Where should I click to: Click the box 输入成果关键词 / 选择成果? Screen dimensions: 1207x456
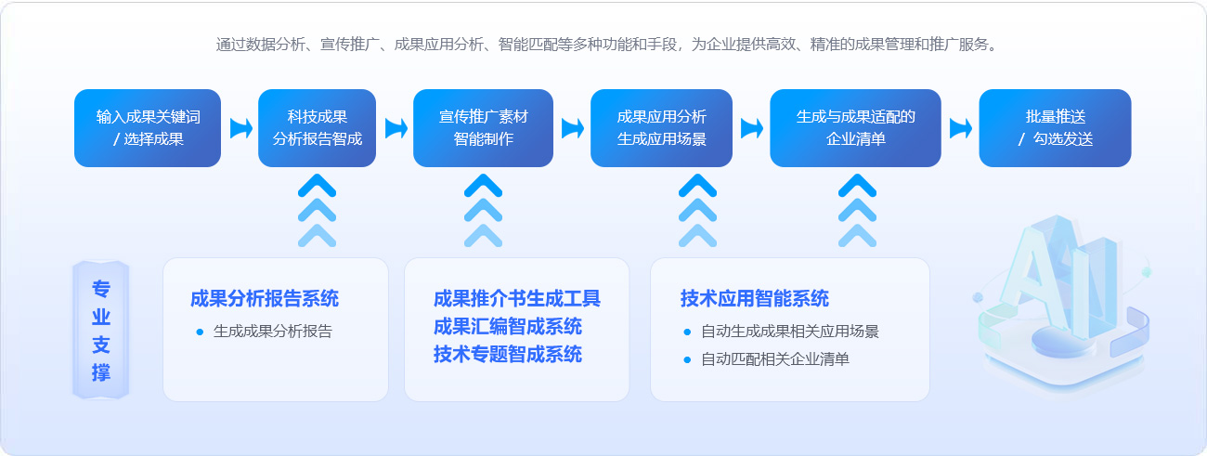tap(148, 128)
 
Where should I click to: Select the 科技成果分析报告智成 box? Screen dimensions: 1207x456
tap(317, 128)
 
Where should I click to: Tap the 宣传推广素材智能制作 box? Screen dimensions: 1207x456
tap(484, 128)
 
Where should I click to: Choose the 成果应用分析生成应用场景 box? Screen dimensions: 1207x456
tap(661, 128)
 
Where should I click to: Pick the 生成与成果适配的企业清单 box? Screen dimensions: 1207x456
tap(856, 128)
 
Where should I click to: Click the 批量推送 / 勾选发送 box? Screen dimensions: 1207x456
tap(1055, 128)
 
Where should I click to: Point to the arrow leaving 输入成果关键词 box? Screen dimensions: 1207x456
tap(240, 128)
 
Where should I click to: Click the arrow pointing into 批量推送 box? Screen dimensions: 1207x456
tap(960, 128)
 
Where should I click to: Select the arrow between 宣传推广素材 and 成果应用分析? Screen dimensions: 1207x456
tap(572, 128)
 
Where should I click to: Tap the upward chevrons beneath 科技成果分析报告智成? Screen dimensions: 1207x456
tap(317, 211)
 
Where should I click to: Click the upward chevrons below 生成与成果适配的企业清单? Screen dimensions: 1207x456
tap(857, 211)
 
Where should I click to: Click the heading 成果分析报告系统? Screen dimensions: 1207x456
tap(265, 299)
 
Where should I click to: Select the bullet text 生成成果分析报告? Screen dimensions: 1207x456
tap(273, 331)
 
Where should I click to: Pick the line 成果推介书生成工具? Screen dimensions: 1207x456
tap(517, 299)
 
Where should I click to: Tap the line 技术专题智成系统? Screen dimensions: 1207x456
tap(508, 355)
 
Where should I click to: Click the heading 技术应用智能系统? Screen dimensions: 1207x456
tap(754, 299)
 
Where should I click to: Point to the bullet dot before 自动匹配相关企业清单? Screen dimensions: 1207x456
tap(687, 360)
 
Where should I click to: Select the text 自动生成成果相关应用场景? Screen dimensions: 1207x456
tap(790, 331)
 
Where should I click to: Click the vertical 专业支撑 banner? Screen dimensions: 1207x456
tap(101, 330)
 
